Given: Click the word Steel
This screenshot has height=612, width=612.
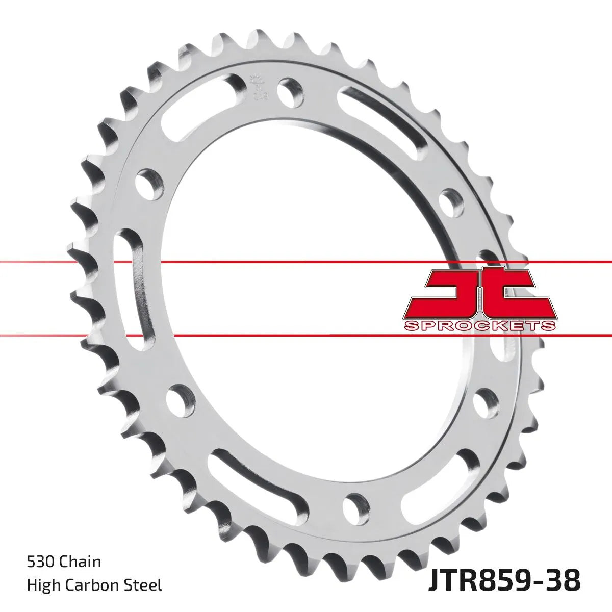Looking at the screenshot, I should coord(145,585).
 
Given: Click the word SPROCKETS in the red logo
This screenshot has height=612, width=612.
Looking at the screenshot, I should coord(479,325).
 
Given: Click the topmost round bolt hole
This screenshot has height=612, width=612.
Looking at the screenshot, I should coord(291,89).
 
